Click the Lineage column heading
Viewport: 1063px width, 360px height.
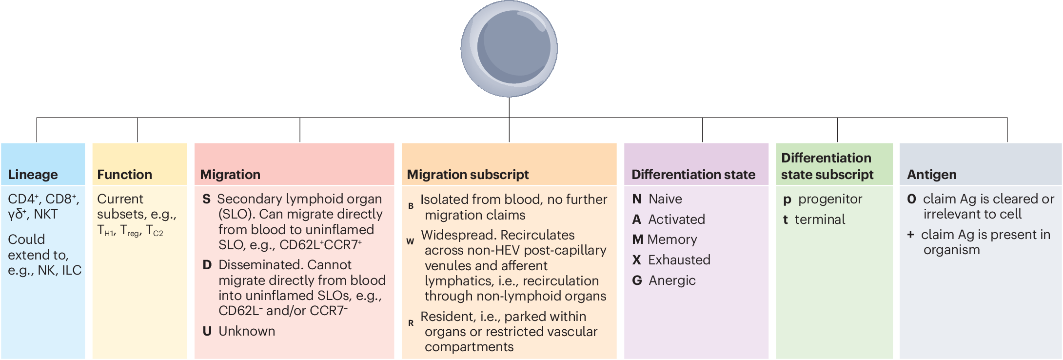(x=33, y=175)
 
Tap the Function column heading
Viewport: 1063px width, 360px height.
(x=124, y=175)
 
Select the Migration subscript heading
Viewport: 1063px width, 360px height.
(x=468, y=175)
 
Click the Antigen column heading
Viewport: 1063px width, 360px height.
(x=931, y=175)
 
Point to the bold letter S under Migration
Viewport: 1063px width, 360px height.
(x=206, y=199)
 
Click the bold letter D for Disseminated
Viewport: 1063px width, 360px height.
(x=207, y=265)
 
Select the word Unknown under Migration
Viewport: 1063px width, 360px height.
(x=247, y=331)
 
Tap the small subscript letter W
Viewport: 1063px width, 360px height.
(x=410, y=241)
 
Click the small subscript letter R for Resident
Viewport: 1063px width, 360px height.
(x=411, y=323)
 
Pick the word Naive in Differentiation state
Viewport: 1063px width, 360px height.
(x=665, y=199)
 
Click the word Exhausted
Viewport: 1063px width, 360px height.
(x=679, y=260)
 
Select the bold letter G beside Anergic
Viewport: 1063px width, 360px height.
(x=637, y=280)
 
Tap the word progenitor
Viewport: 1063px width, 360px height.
(x=830, y=199)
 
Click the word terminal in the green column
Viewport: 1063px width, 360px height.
(x=820, y=220)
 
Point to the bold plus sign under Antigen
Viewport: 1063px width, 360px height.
(x=910, y=235)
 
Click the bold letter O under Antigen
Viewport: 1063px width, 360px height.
(x=911, y=199)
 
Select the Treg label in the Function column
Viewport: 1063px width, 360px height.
(x=130, y=230)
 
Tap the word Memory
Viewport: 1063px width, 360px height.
(x=672, y=240)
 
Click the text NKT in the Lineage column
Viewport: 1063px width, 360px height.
(x=46, y=214)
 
